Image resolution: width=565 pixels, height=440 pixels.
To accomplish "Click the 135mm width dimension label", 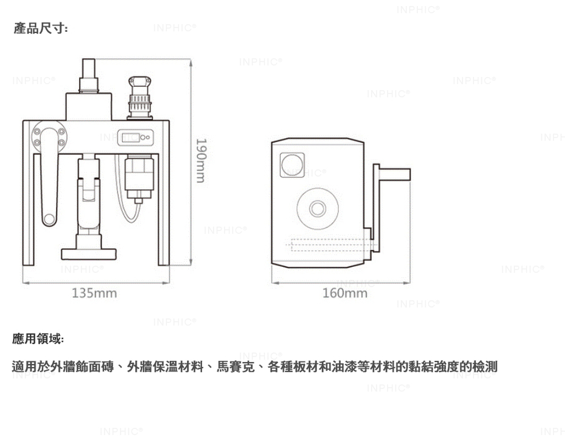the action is click(x=94, y=293).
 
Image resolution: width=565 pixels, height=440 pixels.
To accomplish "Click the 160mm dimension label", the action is click(x=345, y=293).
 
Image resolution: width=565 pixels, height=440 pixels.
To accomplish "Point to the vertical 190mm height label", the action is click(x=201, y=161).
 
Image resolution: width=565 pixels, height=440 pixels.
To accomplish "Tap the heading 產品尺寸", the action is click(x=41, y=28).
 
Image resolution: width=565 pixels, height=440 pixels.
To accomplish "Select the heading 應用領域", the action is click(x=38, y=339).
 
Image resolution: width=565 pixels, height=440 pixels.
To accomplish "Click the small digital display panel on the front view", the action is click(x=135, y=137).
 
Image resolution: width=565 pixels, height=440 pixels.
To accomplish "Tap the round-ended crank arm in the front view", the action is click(x=49, y=177).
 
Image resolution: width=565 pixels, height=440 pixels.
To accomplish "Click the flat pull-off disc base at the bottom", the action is click(x=89, y=254).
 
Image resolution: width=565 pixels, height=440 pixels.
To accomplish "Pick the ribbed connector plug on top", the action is click(x=140, y=97).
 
